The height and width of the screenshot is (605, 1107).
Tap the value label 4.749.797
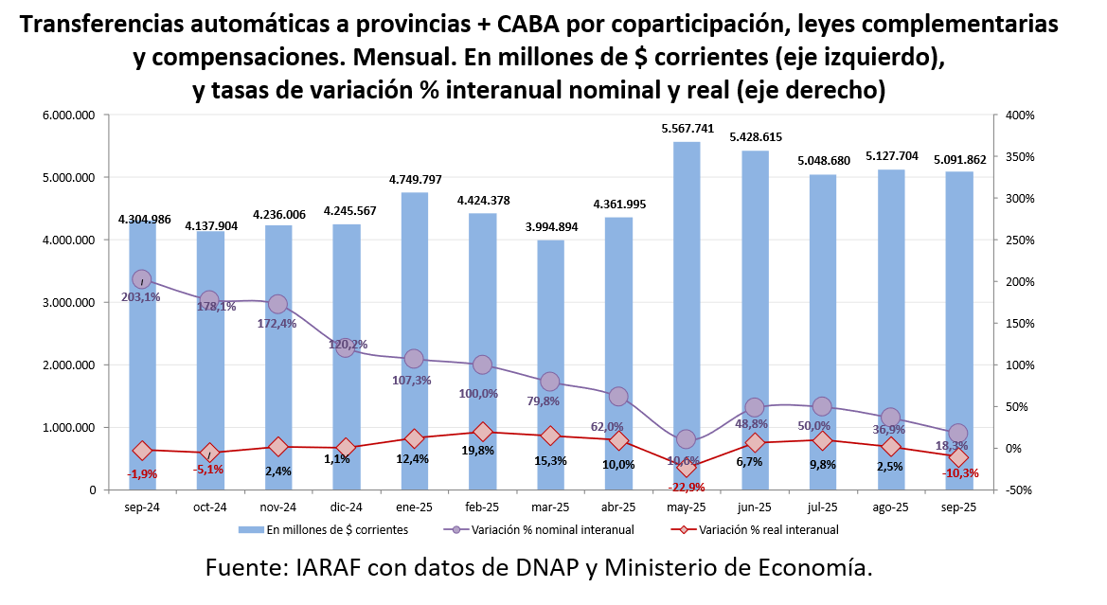pos(415,180)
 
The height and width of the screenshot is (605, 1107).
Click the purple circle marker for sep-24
pos(142,279)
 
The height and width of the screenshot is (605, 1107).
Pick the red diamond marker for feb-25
pos(482,432)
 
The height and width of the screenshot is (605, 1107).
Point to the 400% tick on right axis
pos(1020,116)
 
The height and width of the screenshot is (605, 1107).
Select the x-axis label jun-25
pos(754,507)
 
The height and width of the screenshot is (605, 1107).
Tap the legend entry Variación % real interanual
pos(768,530)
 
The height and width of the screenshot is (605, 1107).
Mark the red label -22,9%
pos(687,487)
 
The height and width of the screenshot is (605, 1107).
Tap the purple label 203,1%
pos(141,296)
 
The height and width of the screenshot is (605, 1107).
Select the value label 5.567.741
pos(687,129)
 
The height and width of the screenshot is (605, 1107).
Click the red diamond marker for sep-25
pos(958,457)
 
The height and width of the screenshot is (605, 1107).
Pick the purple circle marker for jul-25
pos(822,406)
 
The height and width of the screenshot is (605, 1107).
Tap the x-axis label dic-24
pos(346,507)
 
